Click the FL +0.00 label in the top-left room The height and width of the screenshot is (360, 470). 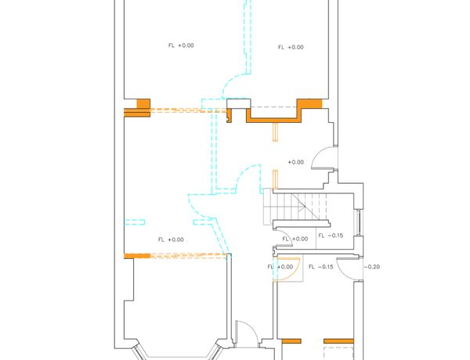point(181,45)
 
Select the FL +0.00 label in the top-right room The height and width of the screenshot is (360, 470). point(291,47)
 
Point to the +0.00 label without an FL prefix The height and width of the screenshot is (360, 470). point(295,162)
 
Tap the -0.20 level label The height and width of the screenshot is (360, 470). point(371,267)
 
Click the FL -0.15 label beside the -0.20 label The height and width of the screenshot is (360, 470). point(320,267)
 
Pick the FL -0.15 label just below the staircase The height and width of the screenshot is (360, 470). point(331,236)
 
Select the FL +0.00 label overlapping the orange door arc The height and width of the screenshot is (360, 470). point(280,267)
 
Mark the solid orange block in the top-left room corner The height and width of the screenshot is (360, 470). point(143,103)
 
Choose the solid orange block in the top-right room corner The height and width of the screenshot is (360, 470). point(309,103)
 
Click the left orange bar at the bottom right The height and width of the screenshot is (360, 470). point(291,341)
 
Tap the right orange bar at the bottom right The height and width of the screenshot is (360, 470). point(338,341)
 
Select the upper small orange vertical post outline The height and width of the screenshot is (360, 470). point(275,132)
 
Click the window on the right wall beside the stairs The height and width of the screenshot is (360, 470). point(359,223)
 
